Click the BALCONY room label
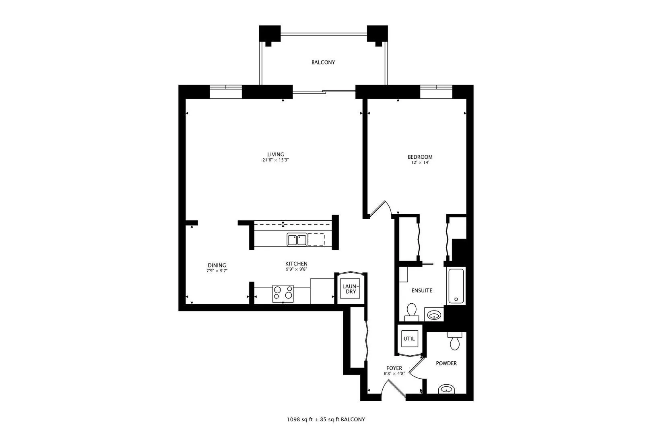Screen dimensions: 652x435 click(323, 62)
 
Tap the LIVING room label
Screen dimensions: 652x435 click(276, 154)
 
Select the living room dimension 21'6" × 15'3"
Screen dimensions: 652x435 click(275, 160)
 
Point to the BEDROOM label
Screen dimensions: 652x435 click(420, 157)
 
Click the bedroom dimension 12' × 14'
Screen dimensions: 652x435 click(420, 163)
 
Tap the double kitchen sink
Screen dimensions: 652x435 click(297, 240)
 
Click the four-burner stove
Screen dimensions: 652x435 click(283, 293)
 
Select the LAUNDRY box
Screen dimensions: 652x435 click(350, 288)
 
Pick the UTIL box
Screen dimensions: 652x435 click(409, 339)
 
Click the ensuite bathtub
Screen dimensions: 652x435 click(456, 286)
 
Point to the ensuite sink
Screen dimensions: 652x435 click(434, 315)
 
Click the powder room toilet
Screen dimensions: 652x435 click(455, 341)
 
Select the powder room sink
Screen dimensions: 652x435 click(446, 389)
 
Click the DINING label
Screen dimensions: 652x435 click(217, 265)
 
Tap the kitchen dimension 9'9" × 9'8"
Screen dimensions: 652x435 click(296, 269)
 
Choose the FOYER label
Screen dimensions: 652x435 click(394, 368)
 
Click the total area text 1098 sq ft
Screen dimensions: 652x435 click(299, 420)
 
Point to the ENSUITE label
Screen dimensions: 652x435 click(422, 290)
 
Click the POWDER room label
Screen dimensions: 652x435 click(446, 363)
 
